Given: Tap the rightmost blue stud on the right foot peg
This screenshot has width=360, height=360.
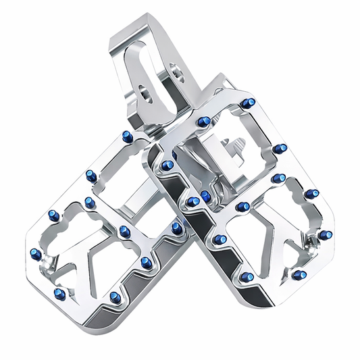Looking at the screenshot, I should tap(326, 235).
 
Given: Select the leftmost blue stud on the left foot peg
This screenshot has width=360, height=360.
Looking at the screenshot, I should tap(36, 255).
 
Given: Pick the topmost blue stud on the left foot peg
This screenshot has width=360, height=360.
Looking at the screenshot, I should tap(126, 137).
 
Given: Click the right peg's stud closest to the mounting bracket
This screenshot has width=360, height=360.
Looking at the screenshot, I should tap(203, 122).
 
